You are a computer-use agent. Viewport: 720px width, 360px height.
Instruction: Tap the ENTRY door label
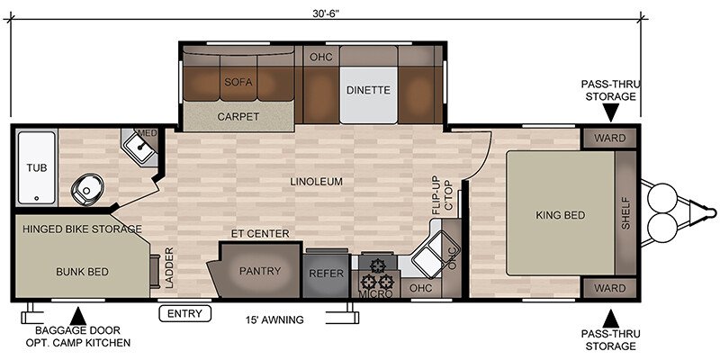(184, 313)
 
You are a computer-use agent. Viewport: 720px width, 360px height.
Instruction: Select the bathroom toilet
(87, 189)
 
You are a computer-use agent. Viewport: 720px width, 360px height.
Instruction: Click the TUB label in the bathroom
(36, 168)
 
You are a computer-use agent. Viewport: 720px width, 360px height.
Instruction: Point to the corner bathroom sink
(139, 147)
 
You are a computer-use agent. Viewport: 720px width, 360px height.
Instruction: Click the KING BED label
(560, 215)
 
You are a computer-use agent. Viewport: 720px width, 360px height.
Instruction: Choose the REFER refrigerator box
(327, 274)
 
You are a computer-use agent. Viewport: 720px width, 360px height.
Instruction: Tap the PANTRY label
(260, 271)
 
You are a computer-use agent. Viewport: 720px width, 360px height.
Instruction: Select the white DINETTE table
(368, 95)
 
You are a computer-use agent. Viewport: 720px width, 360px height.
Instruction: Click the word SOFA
(238, 83)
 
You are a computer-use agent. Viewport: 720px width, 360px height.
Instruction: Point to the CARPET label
(238, 117)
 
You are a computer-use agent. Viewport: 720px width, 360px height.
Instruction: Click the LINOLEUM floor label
(317, 182)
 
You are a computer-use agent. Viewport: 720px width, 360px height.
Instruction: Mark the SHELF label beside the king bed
(625, 213)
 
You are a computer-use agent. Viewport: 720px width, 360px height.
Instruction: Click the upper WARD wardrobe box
(609, 138)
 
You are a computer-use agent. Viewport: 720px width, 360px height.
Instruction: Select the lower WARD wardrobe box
(609, 288)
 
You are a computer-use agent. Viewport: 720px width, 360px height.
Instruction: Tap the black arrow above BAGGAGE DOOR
(78, 316)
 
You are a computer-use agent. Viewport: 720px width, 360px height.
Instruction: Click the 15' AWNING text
(274, 319)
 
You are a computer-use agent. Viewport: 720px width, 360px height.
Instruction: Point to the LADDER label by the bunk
(170, 267)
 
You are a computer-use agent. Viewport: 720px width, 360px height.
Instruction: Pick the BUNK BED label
(82, 272)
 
